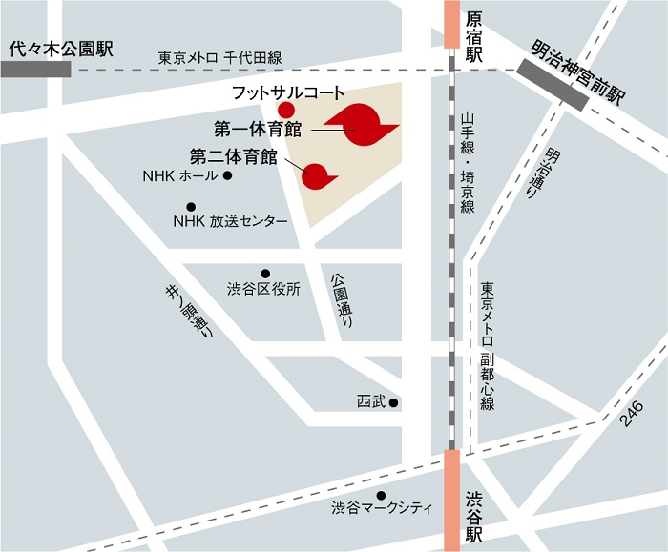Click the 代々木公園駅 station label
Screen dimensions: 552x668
coord(59,49)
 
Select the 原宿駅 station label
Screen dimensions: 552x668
coord(474,36)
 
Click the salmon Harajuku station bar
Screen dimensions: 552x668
coord(451,23)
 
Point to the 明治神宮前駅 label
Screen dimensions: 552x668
coord(579,71)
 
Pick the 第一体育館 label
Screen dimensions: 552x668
coord(258,127)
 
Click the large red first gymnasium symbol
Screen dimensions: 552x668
coord(362,124)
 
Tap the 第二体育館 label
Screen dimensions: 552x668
coord(234,154)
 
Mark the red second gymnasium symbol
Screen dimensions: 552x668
coord(318,174)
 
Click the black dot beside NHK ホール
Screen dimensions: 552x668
coord(228,176)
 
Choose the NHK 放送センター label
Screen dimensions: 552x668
coord(230,221)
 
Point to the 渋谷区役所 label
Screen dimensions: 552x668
coord(263,289)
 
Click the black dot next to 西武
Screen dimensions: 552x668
coord(393,402)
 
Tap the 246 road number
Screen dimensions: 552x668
coord(631,412)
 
